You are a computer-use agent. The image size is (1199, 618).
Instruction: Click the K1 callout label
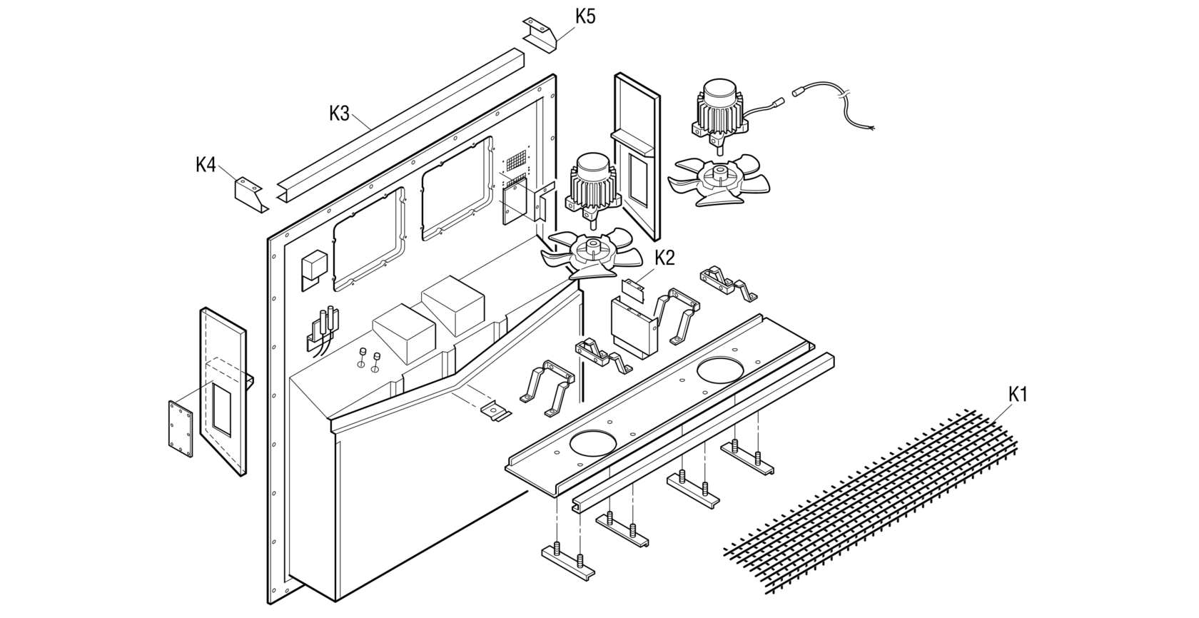(x=1018, y=394)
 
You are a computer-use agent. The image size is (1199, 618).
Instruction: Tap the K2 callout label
(x=664, y=258)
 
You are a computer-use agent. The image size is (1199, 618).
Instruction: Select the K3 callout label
(x=340, y=113)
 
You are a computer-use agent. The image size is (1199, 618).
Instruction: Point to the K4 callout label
(x=206, y=165)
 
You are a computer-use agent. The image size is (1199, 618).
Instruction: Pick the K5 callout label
(x=585, y=16)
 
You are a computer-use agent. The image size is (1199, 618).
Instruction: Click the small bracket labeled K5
(x=541, y=34)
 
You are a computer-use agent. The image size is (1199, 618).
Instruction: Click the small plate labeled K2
(x=632, y=287)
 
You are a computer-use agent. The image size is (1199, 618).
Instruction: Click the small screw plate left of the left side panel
(x=181, y=427)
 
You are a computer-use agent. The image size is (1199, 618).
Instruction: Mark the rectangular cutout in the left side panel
(x=221, y=409)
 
